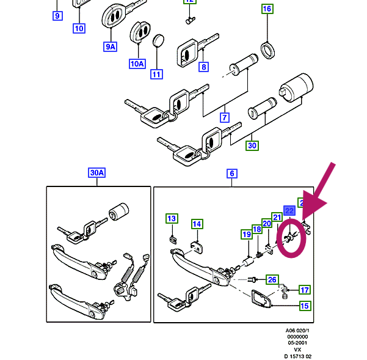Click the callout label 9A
point(110,46)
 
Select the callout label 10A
point(137,64)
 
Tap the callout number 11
point(157,75)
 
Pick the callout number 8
point(203,67)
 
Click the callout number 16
point(267,9)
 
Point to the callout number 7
point(224,117)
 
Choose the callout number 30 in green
point(252,145)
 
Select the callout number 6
point(232,174)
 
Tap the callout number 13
point(172,218)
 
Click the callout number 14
point(197,224)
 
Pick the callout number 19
point(246,234)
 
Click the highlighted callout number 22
point(289,211)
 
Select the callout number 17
point(304,290)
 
